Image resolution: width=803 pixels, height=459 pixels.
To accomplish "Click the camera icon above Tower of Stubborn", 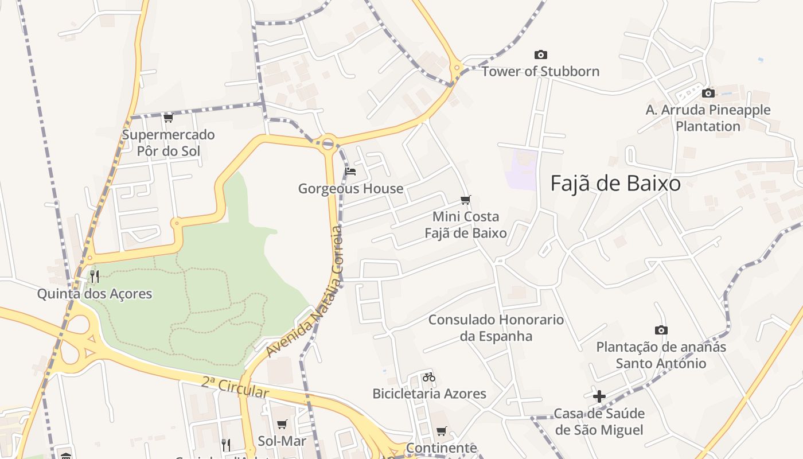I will (540, 55).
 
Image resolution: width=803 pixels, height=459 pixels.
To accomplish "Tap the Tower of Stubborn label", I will (540, 72).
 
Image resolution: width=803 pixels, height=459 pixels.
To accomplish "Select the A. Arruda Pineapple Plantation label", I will (708, 118).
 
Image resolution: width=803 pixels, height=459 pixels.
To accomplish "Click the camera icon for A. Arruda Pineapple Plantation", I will (708, 93).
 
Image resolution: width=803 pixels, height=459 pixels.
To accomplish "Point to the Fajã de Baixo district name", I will (615, 184).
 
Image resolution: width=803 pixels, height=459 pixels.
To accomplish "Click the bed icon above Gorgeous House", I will (350, 171).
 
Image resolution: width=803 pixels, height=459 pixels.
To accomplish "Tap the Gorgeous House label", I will (350, 189).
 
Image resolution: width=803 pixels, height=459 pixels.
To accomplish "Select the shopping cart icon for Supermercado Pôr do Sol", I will (168, 118).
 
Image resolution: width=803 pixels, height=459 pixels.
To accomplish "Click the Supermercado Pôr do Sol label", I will (168, 143).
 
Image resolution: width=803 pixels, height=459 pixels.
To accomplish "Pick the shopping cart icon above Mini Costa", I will (466, 200).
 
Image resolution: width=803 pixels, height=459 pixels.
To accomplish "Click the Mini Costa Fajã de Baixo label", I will (466, 225).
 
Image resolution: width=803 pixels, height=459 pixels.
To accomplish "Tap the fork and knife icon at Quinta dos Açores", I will (95, 277).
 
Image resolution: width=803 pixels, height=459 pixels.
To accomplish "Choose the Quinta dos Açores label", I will (95, 294).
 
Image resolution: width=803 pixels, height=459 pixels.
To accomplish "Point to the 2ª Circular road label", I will (235, 387).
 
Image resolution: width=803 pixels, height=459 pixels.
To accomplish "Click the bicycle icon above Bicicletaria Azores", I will (429, 377).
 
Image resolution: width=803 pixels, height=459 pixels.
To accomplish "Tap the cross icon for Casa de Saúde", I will (599, 396).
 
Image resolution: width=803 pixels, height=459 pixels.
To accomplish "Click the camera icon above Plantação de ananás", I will (661, 330).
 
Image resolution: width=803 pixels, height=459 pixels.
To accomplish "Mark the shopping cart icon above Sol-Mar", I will (282, 425).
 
